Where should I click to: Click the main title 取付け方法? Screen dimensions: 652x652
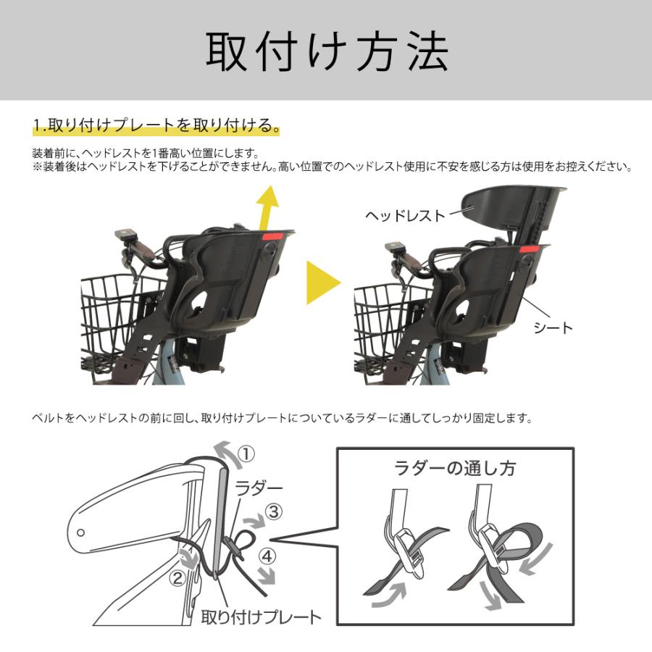click(326, 50)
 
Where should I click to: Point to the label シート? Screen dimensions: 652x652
click(553, 327)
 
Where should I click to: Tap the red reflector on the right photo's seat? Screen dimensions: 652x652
click(527, 249)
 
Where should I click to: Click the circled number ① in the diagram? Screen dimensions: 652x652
click(246, 454)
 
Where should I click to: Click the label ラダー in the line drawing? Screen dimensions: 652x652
click(259, 487)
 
